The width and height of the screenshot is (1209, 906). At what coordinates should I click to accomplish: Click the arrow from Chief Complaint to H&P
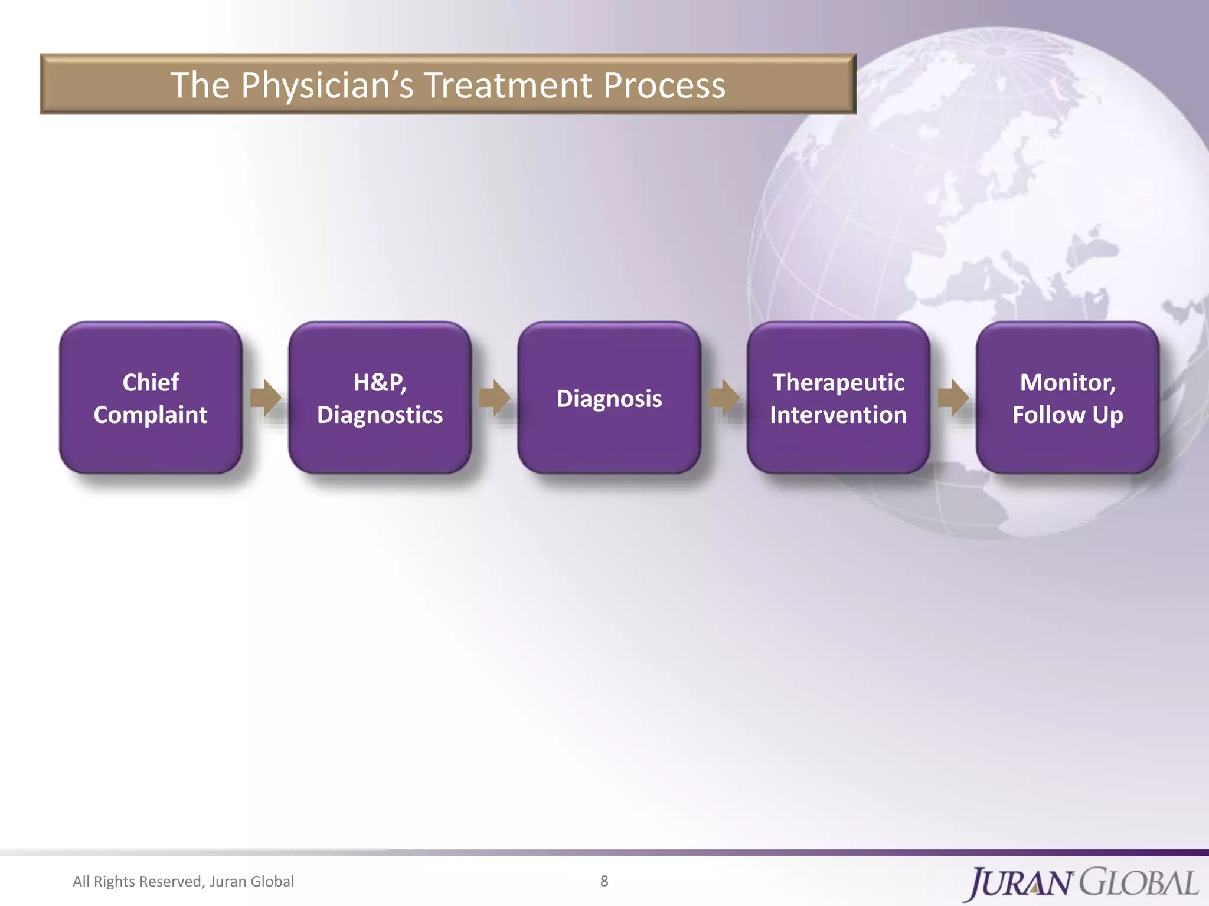click(265, 398)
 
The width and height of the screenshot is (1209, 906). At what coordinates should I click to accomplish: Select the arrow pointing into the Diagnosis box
click(494, 398)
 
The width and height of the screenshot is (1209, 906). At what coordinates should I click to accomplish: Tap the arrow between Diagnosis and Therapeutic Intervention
click(724, 398)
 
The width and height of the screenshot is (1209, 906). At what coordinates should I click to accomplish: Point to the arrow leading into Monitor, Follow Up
click(953, 398)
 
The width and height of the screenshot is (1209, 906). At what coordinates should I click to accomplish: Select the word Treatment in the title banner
click(508, 86)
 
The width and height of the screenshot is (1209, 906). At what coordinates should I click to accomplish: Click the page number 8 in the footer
click(604, 881)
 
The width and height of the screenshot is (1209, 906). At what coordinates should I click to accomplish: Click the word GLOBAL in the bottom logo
click(1139, 883)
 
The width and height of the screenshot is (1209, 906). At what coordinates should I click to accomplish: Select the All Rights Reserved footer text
click(183, 881)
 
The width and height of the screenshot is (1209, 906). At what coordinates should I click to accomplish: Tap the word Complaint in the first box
click(151, 415)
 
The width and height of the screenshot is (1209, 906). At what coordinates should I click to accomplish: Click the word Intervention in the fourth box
click(838, 415)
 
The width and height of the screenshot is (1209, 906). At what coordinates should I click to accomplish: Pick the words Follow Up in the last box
click(1067, 415)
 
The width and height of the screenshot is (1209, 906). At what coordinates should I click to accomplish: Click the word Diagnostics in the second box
click(380, 415)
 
